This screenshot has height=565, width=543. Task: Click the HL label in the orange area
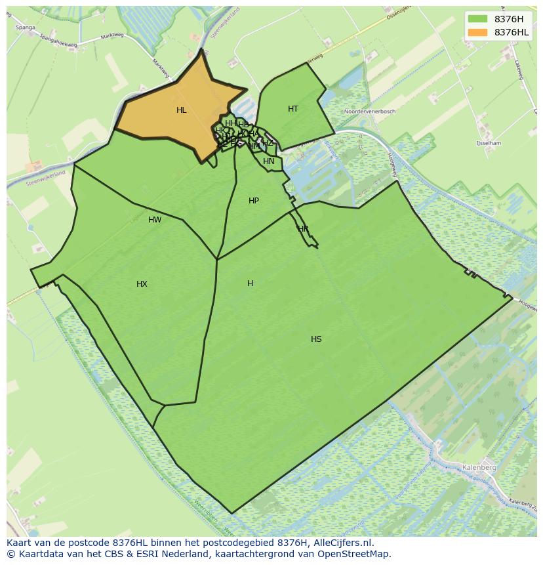(x=182, y=110)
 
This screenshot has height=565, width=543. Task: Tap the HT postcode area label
(x=293, y=109)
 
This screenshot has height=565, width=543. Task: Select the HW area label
(x=155, y=220)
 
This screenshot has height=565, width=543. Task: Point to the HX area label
(x=142, y=284)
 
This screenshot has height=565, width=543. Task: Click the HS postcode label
(x=316, y=339)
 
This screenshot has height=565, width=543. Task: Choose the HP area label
(x=254, y=201)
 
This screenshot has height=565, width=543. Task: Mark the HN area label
(x=269, y=161)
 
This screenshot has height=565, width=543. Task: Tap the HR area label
(x=303, y=229)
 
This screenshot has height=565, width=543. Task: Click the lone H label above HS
(x=250, y=283)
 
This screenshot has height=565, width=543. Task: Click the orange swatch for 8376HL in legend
(x=477, y=32)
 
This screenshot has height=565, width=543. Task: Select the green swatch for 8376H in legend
(x=477, y=19)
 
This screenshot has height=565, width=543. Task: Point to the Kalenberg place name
(x=479, y=467)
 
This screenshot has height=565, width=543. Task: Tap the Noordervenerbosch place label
(x=370, y=112)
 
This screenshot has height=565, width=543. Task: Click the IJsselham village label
(x=489, y=143)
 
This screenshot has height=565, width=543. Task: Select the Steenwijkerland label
(x=46, y=177)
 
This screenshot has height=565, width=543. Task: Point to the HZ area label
(x=268, y=143)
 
